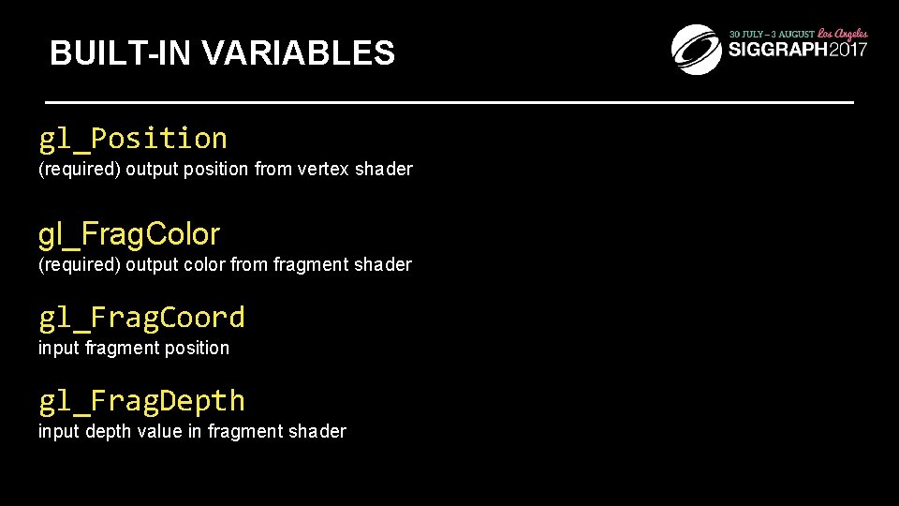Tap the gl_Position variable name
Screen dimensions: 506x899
pos(133,139)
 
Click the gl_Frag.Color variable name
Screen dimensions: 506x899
pos(129,234)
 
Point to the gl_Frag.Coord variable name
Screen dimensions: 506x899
pos(141,318)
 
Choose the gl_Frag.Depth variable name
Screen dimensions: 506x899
pos(141,401)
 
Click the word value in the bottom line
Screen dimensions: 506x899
pos(161,432)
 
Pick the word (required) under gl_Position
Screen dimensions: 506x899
pos(79,170)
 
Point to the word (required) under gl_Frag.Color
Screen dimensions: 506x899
pos(79,265)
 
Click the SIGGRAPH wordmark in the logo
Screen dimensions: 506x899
pos(775,51)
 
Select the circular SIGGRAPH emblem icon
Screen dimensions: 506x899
pos(697,49)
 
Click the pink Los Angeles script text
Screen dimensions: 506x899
pos(843,34)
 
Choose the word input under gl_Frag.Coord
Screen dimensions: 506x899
pos(59,349)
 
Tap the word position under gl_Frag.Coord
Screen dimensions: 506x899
pos(194,349)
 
